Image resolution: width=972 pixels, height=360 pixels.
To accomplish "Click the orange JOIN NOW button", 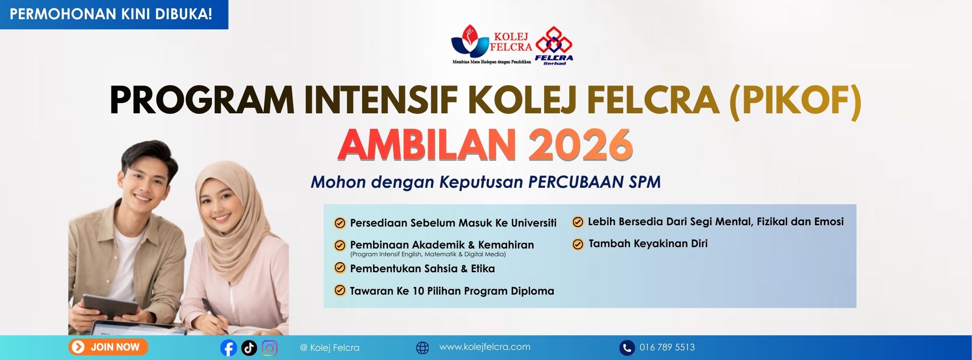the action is (x=108, y=347).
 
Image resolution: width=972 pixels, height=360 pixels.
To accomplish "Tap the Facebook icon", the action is (x=228, y=348).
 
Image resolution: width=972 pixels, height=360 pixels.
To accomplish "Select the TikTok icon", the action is (x=249, y=348).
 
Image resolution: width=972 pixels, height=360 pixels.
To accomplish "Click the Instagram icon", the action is (x=269, y=348).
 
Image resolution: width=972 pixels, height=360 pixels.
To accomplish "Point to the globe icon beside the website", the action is (x=423, y=348).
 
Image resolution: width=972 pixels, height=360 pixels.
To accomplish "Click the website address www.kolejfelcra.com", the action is (x=485, y=347).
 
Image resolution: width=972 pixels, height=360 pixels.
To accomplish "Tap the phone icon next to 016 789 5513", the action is (x=627, y=348).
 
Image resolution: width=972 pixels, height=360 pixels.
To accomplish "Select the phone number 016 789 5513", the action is (x=667, y=347).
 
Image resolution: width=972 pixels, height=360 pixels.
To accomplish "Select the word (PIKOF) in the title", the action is (x=795, y=101).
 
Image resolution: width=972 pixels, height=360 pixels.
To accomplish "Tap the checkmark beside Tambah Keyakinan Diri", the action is (x=578, y=244).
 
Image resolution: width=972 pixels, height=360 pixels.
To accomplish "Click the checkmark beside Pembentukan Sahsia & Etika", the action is (x=340, y=268).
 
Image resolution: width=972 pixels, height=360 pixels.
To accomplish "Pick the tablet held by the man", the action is (x=110, y=305).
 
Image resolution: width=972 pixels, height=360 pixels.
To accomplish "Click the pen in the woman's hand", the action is (x=213, y=313).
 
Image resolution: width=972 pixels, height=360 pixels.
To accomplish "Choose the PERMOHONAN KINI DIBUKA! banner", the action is (x=114, y=14).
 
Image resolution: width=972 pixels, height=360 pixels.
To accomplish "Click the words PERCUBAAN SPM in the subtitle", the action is (x=594, y=182).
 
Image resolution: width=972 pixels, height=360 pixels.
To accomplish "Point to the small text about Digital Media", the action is (x=428, y=254).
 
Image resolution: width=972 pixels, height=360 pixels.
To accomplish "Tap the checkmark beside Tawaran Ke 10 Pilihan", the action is (x=340, y=290).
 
